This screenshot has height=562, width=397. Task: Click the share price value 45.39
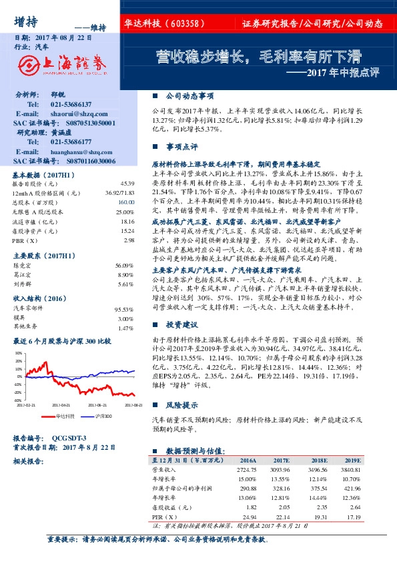point(127,183)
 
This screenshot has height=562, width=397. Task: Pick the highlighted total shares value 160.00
point(126,202)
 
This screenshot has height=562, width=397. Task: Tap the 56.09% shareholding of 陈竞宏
point(125,266)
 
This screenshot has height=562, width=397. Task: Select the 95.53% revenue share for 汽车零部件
point(125,310)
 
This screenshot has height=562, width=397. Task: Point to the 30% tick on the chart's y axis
point(19,352)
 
